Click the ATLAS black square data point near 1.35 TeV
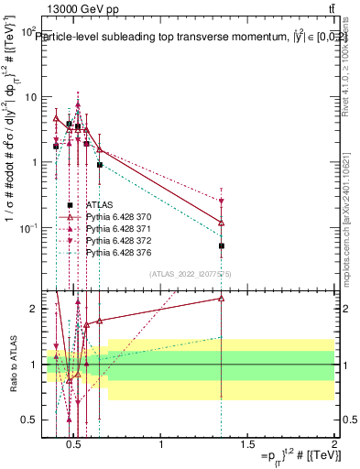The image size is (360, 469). pyautogui.click(x=222, y=245)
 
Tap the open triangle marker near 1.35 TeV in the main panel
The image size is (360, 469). pyautogui.click(x=222, y=223)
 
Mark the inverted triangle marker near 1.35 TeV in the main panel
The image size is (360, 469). pyautogui.click(x=222, y=201)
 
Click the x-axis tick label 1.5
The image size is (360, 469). pyautogui.click(x=247, y=447)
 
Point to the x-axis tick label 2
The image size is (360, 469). pyautogui.click(x=333, y=447)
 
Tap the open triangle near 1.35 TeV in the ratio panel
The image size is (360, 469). pyautogui.click(x=222, y=298)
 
